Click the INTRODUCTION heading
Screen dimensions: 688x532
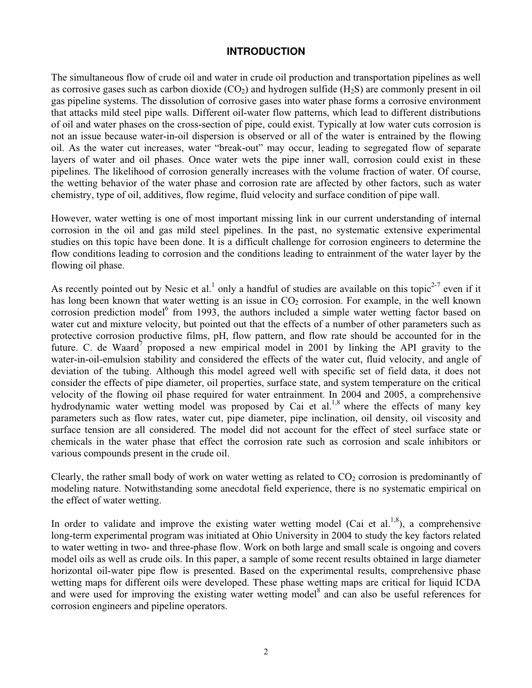point(265,51)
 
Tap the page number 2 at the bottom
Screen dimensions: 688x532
point(266,651)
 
